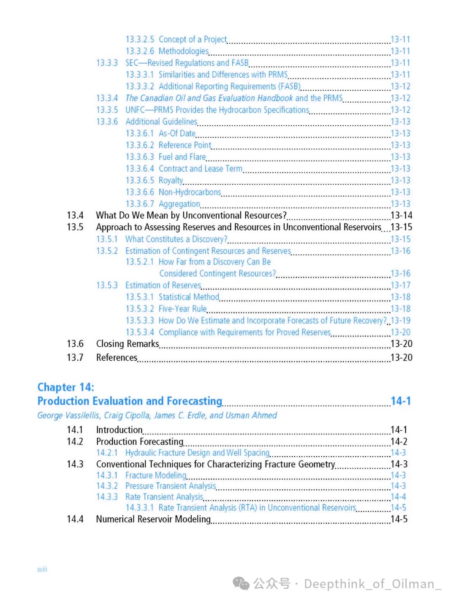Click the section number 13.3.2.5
point(140,40)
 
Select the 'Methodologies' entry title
point(184,51)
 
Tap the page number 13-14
point(401,216)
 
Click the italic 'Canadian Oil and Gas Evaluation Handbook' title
point(209,98)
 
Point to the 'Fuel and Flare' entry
point(182,157)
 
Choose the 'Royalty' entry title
point(171,181)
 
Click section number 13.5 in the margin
point(75,227)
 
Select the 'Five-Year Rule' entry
point(182,309)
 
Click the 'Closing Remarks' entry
point(128,344)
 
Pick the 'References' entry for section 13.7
point(117,358)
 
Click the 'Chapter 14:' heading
point(66,387)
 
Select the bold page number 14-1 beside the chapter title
point(400,401)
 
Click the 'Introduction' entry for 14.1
point(119,430)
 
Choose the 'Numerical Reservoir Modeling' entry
point(153,519)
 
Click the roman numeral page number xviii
point(42,570)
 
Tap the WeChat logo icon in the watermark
point(241,584)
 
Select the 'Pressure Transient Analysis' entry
point(171,486)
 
